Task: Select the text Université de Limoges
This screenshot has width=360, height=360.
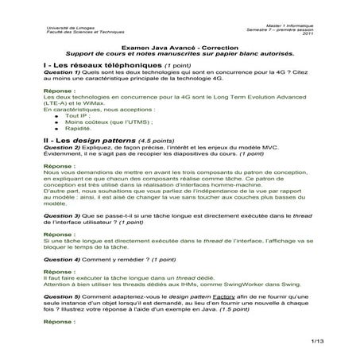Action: (x=64, y=27)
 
